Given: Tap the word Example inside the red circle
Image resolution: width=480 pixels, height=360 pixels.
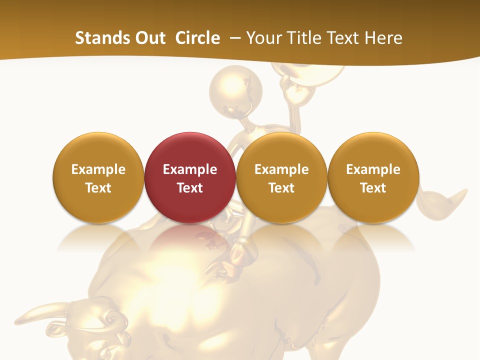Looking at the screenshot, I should [190, 169].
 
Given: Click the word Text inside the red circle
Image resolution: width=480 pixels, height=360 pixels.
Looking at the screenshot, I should [190, 188].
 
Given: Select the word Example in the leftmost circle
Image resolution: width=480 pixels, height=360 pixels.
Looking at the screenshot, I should [98, 169].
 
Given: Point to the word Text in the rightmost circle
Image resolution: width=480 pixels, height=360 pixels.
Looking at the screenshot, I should [373, 188].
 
